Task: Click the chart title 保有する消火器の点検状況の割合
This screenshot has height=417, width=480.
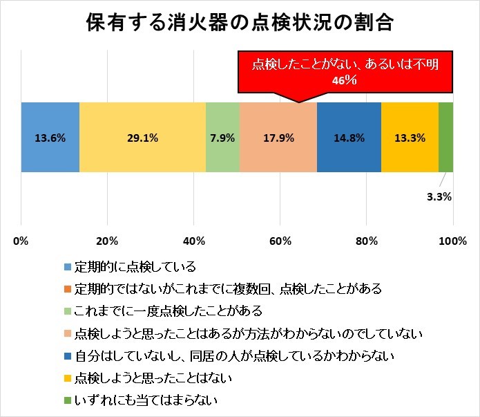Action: click(x=240, y=23)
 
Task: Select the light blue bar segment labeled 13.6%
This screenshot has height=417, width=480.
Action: click(x=50, y=137)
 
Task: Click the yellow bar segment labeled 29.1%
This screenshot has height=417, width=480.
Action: click(x=142, y=137)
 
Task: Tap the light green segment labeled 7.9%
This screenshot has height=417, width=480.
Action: click(x=223, y=137)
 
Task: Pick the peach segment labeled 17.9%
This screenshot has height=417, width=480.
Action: click(x=278, y=137)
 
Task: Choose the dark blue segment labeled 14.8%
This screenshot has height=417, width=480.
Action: click(x=349, y=137)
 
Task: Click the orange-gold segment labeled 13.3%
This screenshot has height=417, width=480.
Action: click(x=410, y=137)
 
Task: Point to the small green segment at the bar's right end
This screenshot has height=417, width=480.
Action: click(x=446, y=137)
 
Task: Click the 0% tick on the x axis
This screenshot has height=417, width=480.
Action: click(x=21, y=241)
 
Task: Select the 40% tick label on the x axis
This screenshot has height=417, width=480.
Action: click(x=194, y=241)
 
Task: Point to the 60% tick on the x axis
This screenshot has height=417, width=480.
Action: click(x=280, y=241)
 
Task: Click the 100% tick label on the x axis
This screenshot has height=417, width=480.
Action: click(x=453, y=241)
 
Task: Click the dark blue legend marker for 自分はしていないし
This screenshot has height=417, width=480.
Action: click(x=67, y=355)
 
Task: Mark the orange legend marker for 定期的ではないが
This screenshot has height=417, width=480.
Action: click(x=67, y=288)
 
